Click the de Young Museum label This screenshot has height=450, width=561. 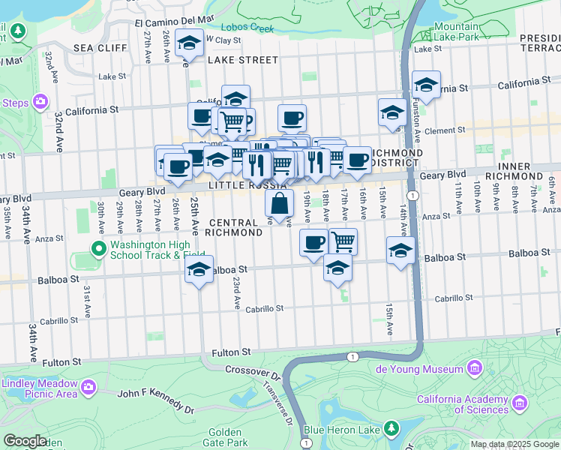419,369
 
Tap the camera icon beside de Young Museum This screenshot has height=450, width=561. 474,368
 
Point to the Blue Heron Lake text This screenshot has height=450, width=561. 341,430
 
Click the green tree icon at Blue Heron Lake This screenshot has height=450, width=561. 391,428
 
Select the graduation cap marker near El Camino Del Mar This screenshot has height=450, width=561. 189,43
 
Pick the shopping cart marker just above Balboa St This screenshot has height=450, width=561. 343,241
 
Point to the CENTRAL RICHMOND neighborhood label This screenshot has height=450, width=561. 235,227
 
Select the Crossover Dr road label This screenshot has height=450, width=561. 253,373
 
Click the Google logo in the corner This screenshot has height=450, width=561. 25,440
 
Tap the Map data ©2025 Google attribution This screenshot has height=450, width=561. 514,444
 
